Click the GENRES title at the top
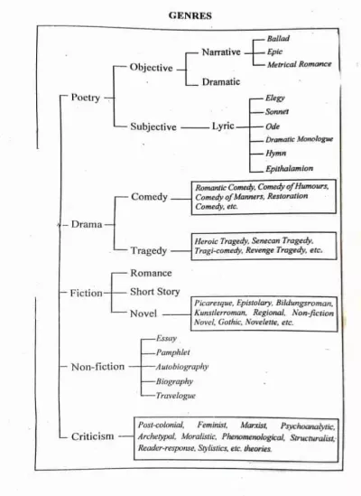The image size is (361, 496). [x=190, y=15]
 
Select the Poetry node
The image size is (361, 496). [x=86, y=98]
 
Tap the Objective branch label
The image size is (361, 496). [x=151, y=68]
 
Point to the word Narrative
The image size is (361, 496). [x=221, y=51]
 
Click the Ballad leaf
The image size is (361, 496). [x=278, y=39]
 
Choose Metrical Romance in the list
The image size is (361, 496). [x=299, y=64]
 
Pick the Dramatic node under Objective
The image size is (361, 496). [x=221, y=81]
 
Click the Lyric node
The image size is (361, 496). [x=223, y=126]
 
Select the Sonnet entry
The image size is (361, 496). [x=277, y=112]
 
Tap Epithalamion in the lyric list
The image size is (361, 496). [x=289, y=169]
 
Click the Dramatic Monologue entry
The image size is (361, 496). [x=299, y=139]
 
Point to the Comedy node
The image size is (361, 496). [x=149, y=197]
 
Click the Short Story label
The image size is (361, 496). [x=155, y=291]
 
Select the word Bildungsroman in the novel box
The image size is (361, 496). [x=304, y=303]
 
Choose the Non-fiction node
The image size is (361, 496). [x=97, y=367]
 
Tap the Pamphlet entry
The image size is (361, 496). [x=173, y=352]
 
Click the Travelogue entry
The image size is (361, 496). [x=175, y=396]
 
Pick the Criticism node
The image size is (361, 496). [x=92, y=436]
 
